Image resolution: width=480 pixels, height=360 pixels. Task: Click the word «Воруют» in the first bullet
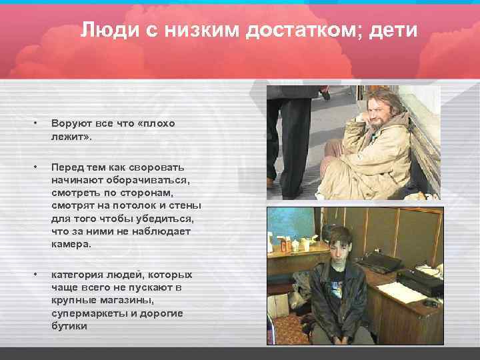(71, 124)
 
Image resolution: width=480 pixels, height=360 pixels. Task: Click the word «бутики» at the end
(69, 327)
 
